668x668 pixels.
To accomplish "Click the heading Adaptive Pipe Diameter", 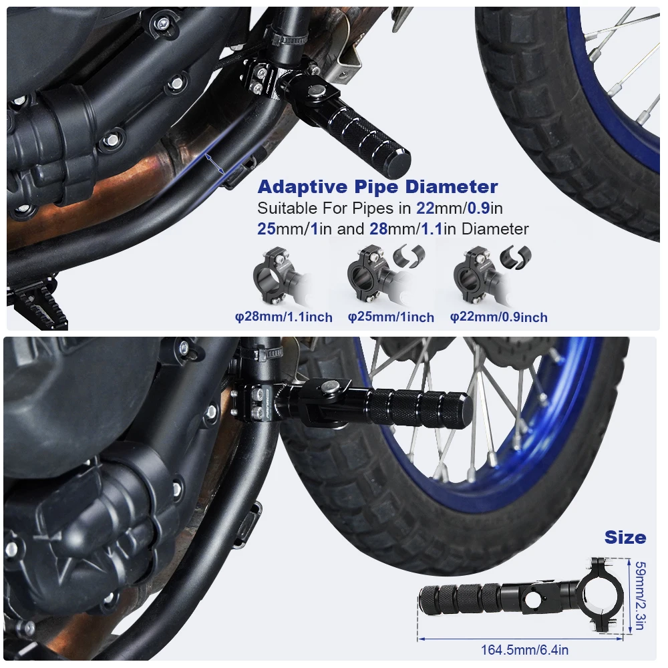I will tap(377, 186).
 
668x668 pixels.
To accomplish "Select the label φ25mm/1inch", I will tap(391, 317).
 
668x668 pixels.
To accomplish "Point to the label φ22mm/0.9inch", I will tap(498, 317).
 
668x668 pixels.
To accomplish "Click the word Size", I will tap(625, 537).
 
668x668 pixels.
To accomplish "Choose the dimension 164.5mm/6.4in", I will tap(524, 649).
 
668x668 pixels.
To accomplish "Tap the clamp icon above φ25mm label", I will tap(369, 274).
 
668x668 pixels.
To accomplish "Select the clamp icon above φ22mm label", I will tap(476, 274).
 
